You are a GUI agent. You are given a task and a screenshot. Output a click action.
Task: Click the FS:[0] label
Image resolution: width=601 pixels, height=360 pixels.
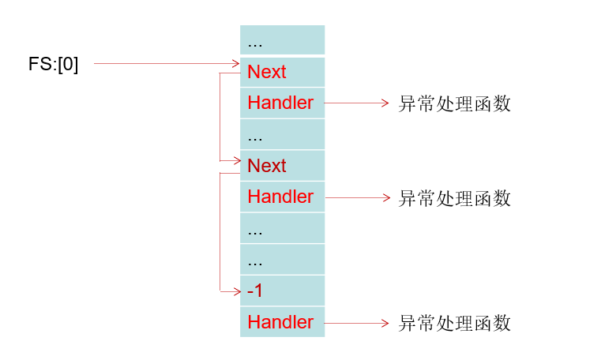pyautogui.click(x=54, y=64)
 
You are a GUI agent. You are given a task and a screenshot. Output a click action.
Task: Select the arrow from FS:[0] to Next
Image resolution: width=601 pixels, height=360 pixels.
pyautogui.click(x=166, y=64)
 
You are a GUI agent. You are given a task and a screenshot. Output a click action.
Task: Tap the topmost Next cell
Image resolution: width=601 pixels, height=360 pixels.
pyautogui.click(x=282, y=72)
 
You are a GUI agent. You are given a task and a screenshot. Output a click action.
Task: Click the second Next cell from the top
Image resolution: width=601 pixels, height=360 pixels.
pyautogui.click(x=282, y=166)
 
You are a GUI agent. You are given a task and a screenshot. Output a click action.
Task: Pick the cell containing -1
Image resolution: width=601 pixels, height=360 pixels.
pyautogui.click(x=282, y=291)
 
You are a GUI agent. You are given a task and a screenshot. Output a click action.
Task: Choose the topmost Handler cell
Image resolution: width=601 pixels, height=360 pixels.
pyautogui.click(x=282, y=103)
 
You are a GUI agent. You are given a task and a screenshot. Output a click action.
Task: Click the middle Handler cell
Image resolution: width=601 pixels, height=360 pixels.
pyautogui.click(x=282, y=197)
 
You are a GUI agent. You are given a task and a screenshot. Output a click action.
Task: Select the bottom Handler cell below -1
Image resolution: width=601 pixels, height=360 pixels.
pyautogui.click(x=282, y=322)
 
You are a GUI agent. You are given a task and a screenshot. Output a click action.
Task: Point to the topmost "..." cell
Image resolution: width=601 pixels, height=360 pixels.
pyautogui.click(x=282, y=40)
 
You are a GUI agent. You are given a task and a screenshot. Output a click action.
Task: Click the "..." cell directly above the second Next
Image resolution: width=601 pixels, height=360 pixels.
pyautogui.click(x=282, y=134)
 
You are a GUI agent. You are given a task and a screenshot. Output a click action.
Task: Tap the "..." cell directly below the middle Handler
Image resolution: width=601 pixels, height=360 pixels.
pyautogui.click(x=282, y=228)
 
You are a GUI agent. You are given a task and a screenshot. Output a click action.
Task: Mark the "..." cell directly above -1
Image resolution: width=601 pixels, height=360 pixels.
pyautogui.click(x=282, y=259)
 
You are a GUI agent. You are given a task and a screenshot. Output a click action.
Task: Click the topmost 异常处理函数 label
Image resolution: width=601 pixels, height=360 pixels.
pyautogui.click(x=454, y=103)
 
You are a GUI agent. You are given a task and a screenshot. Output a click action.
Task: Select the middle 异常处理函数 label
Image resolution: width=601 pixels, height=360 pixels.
pyautogui.click(x=454, y=197)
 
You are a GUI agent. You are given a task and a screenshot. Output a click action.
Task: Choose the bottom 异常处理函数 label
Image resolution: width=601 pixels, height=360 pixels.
pyautogui.click(x=454, y=323)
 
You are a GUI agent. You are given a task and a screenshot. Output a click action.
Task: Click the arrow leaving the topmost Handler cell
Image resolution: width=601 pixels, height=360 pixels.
pyautogui.click(x=355, y=103)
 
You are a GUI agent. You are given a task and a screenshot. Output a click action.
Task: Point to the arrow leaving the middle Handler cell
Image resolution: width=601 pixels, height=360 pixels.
pyautogui.click(x=355, y=197)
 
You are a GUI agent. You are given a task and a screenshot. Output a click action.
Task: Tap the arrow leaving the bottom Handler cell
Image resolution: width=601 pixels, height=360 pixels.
pyautogui.click(x=355, y=322)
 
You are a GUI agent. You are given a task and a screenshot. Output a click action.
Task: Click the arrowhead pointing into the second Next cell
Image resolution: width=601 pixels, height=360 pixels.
pyautogui.click(x=236, y=161)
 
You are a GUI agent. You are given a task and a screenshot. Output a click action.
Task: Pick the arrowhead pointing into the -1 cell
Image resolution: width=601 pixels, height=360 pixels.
pyautogui.click(x=236, y=291)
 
